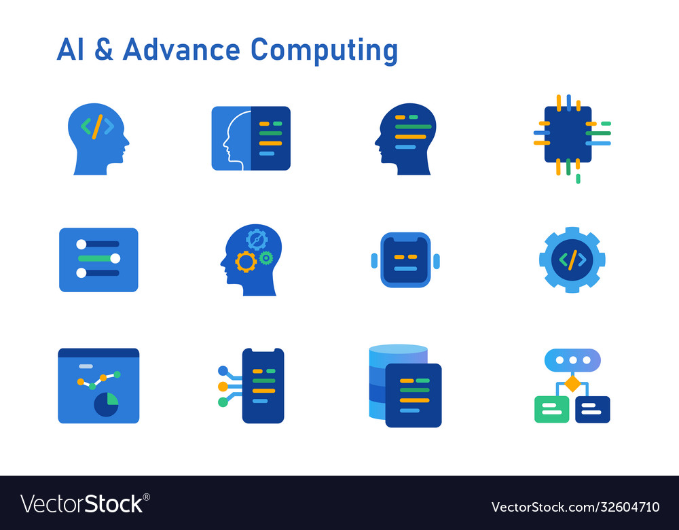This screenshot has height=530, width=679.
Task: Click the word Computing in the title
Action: click(x=324, y=51)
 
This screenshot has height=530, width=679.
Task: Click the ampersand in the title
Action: click(x=104, y=50)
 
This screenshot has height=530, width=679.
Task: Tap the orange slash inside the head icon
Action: click(x=98, y=126)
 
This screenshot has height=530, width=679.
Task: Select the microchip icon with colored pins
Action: click(x=568, y=135)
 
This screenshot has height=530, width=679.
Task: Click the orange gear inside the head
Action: click(x=246, y=261)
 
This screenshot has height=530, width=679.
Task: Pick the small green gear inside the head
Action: click(x=265, y=258)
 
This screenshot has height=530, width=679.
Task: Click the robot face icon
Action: click(x=405, y=260)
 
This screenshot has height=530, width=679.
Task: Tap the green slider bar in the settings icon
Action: click(x=98, y=258)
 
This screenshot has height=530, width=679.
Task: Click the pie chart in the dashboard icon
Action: click(x=107, y=404)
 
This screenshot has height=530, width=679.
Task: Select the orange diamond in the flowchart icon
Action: click(x=572, y=384)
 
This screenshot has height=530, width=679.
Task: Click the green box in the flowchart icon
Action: click(x=551, y=409)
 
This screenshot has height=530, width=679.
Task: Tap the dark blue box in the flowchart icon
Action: click(x=592, y=409)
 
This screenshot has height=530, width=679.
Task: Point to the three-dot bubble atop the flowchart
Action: click(x=572, y=360)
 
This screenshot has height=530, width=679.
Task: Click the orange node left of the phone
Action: click(x=223, y=387)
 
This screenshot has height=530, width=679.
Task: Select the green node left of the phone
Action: click(x=223, y=402)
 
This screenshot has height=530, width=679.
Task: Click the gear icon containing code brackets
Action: click(x=572, y=260)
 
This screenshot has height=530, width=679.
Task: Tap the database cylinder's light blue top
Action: click(x=398, y=349)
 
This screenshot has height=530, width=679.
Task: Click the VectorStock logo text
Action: click(x=85, y=504)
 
